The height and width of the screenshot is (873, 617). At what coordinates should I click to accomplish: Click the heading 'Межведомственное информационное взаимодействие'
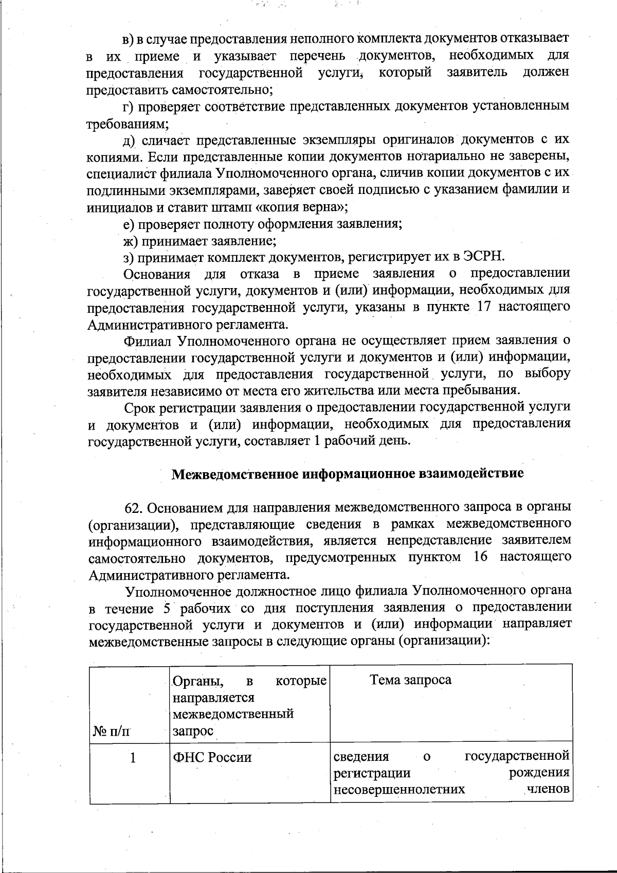point(347,474)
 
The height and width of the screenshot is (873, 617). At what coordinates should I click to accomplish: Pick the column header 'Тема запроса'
point(410,680)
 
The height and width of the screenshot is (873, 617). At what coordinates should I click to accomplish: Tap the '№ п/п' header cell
point(111,731)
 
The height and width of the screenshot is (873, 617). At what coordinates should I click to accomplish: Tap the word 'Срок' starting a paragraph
point(141,407)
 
